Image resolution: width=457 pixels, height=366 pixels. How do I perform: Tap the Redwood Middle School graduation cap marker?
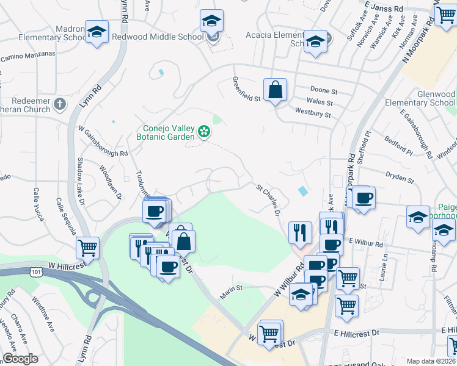click(x=211, y=22)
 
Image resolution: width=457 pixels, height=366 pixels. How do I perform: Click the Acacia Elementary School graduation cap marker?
click(x=315, y=41)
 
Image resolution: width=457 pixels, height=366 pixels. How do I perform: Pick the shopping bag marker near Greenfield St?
click(x=276, y=90)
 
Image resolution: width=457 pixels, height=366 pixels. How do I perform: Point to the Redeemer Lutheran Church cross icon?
click(x=59, y=104)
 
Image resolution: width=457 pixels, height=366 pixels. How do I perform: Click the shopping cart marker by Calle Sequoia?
click(x=88, y=248)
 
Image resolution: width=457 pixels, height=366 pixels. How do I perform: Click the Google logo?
click(x=20, y=359)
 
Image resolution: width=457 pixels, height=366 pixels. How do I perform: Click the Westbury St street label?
click(x=313, y=113)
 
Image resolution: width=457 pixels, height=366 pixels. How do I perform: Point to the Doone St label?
click(x=324, y=90)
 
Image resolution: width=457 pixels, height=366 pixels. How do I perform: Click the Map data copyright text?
click(x=430, y=361)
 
